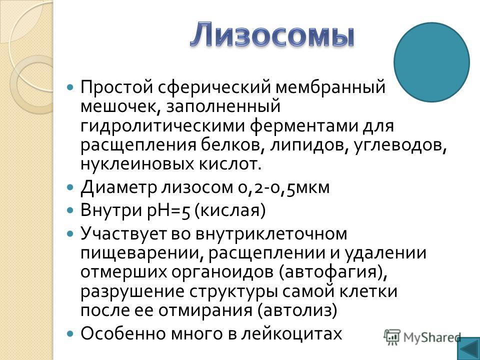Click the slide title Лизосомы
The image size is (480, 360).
pyautogui.click(x=272, y=34)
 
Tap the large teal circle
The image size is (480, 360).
pyautogui.click(x=431, y=62)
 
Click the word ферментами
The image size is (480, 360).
pyautogui.click(x=304, y=126)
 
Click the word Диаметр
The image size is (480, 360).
pyautogui.click(x=118, y=187)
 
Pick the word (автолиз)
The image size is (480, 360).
pyautogui.click(x=297, y=310)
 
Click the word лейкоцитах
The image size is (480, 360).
pyautogui.click(x=291, y=333)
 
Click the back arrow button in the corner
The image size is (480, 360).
pyautogui.click(x=468, y=348)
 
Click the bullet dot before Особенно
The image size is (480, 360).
pyautogui.click(x=70, y=333)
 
